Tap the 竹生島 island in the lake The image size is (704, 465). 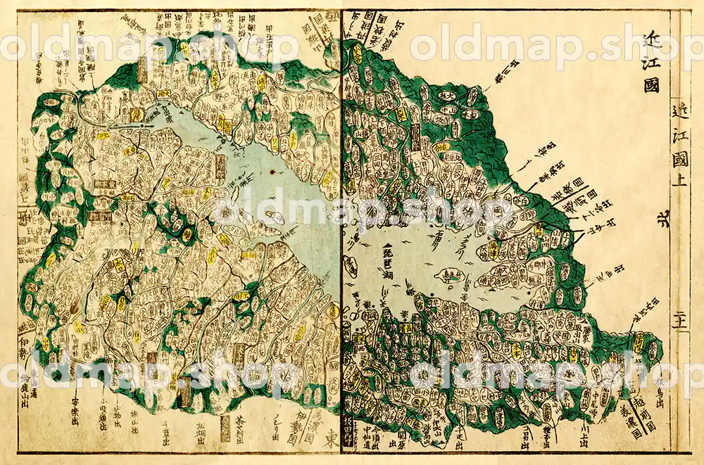(x=445, y=277)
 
